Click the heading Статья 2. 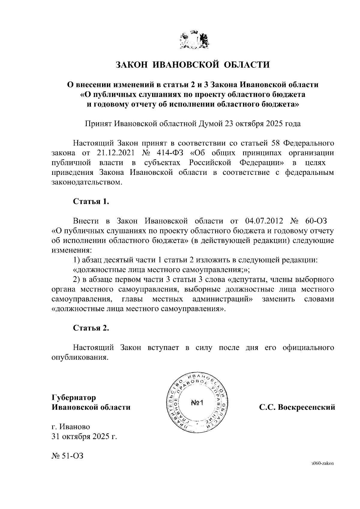click(x=91, y=328)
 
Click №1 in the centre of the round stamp click(x=197, y=403)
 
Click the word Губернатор click(x=74, y=398)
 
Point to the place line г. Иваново click(x=71, y=427)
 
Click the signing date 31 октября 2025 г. click(x=84, y=436)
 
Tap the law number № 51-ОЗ click(x=67, y=456)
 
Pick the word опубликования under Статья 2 click(x=79, y=358)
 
